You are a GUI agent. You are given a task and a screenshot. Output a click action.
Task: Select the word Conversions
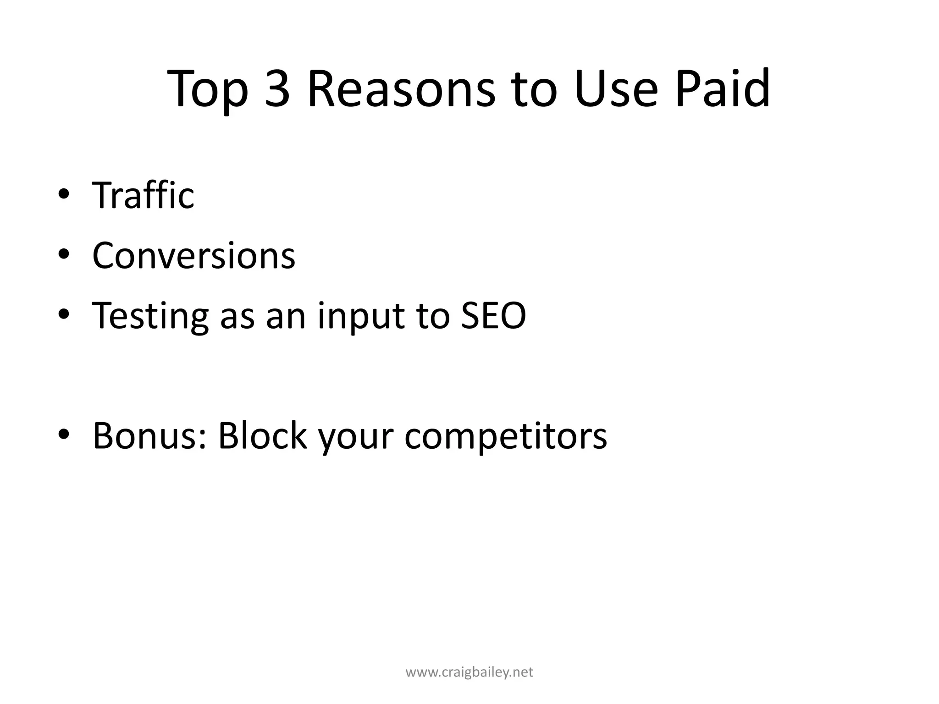coord(193,255)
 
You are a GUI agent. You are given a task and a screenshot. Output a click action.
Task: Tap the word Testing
coord(150,316)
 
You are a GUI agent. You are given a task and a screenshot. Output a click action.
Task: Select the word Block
coord(262,435)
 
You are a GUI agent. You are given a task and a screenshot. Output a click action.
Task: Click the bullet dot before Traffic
coord(64,194)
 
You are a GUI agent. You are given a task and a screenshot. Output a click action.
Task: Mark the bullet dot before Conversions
coord(64,254)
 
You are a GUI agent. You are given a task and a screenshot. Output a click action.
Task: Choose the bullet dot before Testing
coord(64,314)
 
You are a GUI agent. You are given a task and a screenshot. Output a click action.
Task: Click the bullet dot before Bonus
coord(64,434)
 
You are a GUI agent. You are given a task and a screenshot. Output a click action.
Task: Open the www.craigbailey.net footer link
coord(469,672)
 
